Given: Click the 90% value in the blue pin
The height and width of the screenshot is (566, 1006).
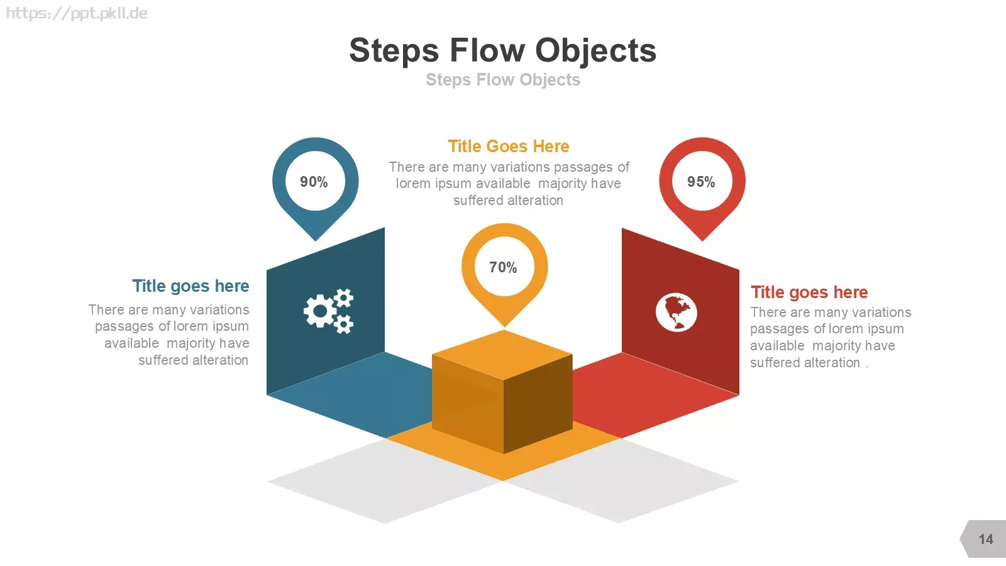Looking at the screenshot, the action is [x=314, y=182].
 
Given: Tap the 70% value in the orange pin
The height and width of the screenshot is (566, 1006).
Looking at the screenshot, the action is [x=503, y=268].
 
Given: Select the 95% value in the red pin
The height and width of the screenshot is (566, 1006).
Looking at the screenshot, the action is [x=701, y=182].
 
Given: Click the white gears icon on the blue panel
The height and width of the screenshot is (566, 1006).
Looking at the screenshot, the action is [x=329, y=311].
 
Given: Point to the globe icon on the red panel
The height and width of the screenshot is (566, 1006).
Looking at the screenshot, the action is [x=677, y=312].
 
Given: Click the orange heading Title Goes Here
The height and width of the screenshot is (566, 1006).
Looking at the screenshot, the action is [x=509, y=147].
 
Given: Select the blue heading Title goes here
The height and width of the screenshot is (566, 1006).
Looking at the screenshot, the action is [x=191, y=286].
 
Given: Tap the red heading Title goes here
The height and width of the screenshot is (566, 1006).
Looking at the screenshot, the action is [x=809, y=292].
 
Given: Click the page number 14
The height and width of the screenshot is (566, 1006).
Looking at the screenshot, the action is [x=986, y=539].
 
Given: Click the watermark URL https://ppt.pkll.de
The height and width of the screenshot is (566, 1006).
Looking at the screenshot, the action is [x=77, y=13].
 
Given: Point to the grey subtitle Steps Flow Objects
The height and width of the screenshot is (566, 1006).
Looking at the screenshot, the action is [x=503, y=79].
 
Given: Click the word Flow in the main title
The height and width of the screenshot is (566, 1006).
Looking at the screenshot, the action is [x=487, y=50].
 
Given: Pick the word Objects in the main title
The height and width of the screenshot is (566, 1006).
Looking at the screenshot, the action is [x=596, y=51].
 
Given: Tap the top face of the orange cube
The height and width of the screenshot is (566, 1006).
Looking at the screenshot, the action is [x=502, y=355].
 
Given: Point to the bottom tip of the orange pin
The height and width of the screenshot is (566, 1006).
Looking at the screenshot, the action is [x=504, y=327].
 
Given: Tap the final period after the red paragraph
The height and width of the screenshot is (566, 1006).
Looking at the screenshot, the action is [x=867, y=367].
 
